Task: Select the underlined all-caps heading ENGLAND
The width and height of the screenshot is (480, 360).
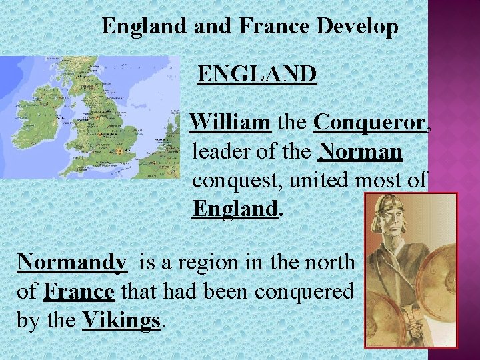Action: coord(257,74)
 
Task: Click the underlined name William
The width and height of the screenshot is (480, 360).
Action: coord(230,123)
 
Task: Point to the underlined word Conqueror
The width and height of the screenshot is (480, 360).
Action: coord(369,123)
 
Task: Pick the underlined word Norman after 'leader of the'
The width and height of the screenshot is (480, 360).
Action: coord(361,152)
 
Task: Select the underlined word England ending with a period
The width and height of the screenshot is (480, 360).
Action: coord(235,209)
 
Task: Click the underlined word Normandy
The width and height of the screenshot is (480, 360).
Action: coord(71,262)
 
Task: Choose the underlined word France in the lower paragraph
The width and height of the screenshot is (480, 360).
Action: coord(79,291)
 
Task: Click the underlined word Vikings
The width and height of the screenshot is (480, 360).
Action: coord(121,320)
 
